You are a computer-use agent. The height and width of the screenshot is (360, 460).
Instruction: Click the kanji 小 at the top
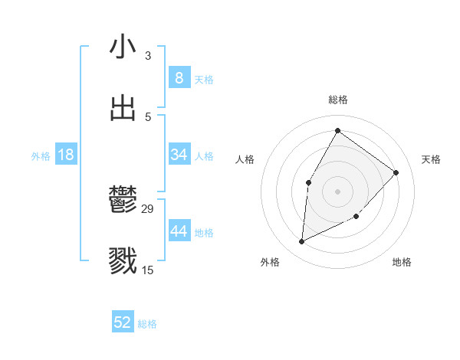point(123,47)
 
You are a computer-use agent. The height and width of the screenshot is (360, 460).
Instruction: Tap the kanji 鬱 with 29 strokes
point(123,201)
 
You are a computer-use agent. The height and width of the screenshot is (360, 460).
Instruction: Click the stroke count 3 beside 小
point(148,56)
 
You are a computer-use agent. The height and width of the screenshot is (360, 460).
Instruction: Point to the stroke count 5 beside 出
point(148,117)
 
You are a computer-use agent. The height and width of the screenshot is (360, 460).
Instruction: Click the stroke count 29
point(148,209)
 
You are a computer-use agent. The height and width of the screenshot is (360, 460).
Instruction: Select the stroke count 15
point(148,270)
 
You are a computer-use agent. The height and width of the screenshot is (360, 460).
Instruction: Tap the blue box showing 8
point(179,77)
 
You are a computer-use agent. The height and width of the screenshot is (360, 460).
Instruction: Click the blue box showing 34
point(179,155)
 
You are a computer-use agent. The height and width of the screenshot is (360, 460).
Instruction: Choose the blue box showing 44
point(179,231)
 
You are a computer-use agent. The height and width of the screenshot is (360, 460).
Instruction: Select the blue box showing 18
point(66,155)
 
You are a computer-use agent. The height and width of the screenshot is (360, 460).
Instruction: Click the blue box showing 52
point(123,322)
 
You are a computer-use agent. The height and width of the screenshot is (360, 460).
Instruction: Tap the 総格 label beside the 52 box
point(147,324)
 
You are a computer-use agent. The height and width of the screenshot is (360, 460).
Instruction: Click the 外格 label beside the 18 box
point(41,156)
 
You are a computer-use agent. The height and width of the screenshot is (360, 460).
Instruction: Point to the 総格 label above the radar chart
point(338,100)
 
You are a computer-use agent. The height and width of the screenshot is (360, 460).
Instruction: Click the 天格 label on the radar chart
point(432,159)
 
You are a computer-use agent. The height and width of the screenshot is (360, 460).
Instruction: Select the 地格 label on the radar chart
point(402,262)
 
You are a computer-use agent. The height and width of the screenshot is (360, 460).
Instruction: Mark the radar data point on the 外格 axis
point(302,242)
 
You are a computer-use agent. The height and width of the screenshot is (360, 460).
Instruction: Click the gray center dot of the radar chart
point(337,191)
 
